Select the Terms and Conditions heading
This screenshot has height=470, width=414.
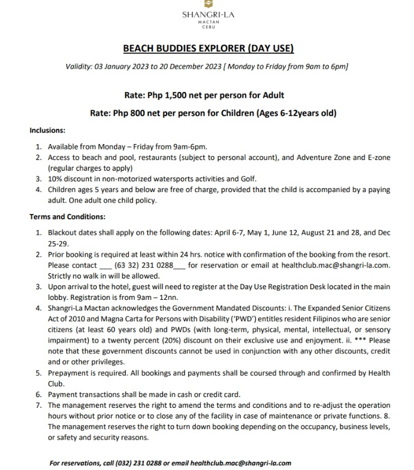[x=67, y=217]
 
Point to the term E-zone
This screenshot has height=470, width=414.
[x=376, y=158]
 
